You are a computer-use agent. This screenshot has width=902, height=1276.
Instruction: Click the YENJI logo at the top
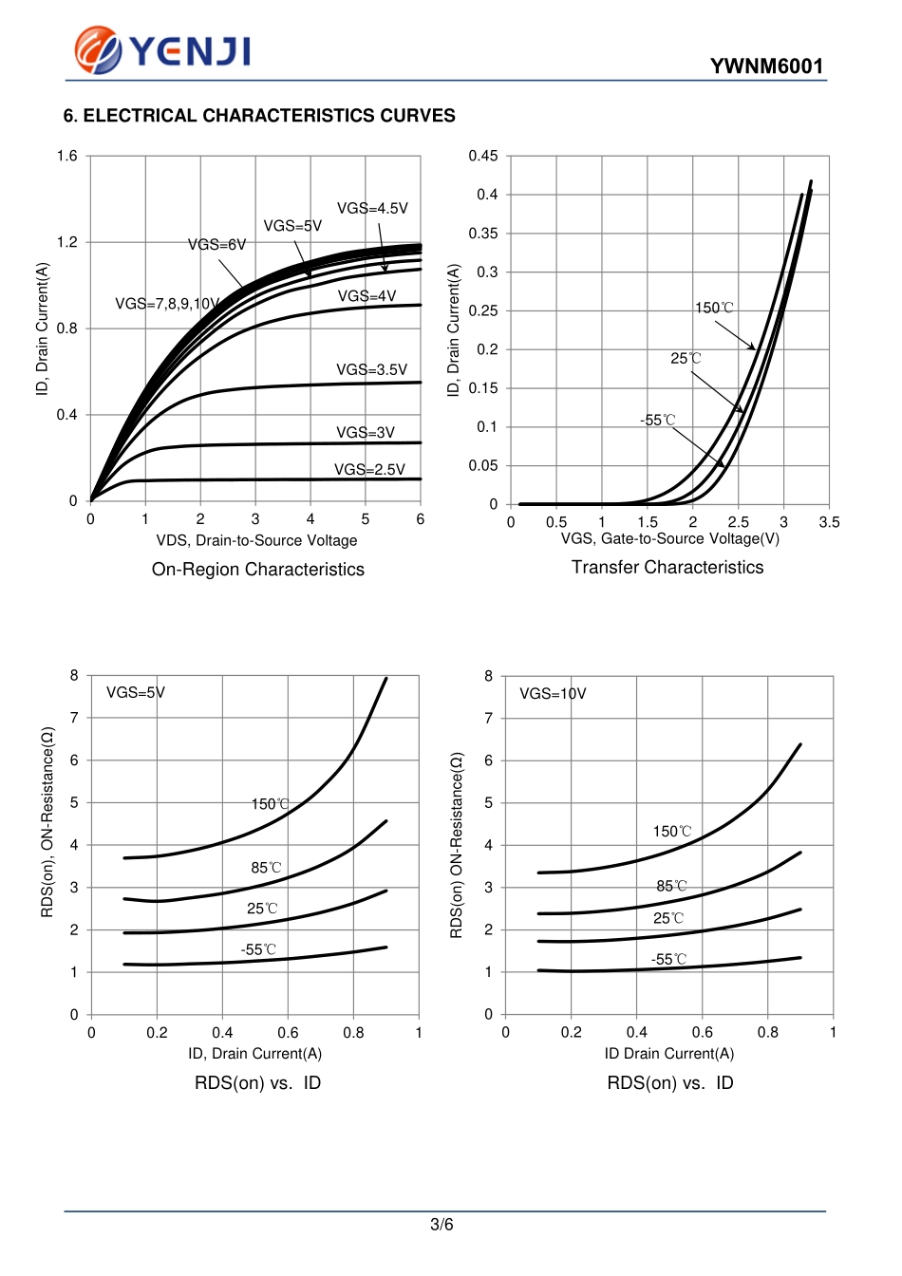[163, 49]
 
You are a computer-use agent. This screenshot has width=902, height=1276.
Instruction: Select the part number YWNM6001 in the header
[766, 66]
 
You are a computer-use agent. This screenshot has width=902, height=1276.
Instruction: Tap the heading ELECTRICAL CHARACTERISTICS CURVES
[259, 116]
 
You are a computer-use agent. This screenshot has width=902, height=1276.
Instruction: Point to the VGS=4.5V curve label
[372, 209]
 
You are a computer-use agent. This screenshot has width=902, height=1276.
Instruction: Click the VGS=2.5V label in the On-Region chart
[369, 469]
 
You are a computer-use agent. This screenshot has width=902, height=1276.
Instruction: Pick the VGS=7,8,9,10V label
[168, 304]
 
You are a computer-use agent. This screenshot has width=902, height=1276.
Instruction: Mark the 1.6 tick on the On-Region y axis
[67, 156]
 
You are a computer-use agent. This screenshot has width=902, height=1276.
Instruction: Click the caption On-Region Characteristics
[258, 570]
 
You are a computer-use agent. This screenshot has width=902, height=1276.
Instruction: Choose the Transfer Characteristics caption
[667, 568]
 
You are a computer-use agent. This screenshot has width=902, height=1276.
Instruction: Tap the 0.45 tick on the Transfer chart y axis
[482, 156]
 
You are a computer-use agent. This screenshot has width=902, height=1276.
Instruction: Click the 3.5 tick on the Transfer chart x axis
[829, 522]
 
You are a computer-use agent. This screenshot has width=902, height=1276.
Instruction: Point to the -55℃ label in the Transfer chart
[658, 420]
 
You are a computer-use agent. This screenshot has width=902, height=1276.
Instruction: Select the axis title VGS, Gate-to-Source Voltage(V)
[669, 539]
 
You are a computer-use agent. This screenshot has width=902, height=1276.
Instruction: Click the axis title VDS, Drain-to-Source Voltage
[256, 540]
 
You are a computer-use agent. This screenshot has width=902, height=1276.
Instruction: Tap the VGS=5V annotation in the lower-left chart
[136, 693]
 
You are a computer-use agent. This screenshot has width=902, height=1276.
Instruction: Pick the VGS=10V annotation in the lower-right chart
[553, 694]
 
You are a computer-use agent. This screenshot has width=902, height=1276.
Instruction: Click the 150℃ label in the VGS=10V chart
[672, 832]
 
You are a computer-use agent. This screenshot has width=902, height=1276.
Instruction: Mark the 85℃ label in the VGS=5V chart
[267, 868]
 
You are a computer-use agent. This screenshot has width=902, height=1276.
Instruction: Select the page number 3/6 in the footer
[442, 1225]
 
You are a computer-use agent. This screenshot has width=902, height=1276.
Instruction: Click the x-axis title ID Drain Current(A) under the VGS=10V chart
[669, 1054]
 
